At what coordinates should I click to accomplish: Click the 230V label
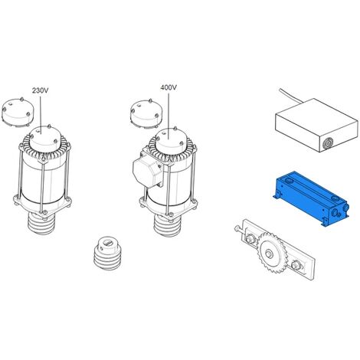click(40, 90)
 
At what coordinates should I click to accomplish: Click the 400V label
click(169, 87)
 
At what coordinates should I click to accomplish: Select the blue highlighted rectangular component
click(311, 198)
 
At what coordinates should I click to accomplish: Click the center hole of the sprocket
click(269, 254)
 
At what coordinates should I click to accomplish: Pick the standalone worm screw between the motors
click(108, 253)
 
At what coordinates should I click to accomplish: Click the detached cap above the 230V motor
click(18, 112)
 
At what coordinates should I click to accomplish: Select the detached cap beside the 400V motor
click(146, 113)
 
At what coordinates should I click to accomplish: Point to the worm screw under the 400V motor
click(168, 225)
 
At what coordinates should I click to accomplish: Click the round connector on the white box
click(326, 145)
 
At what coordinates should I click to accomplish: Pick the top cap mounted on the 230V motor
click(46, 138)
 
